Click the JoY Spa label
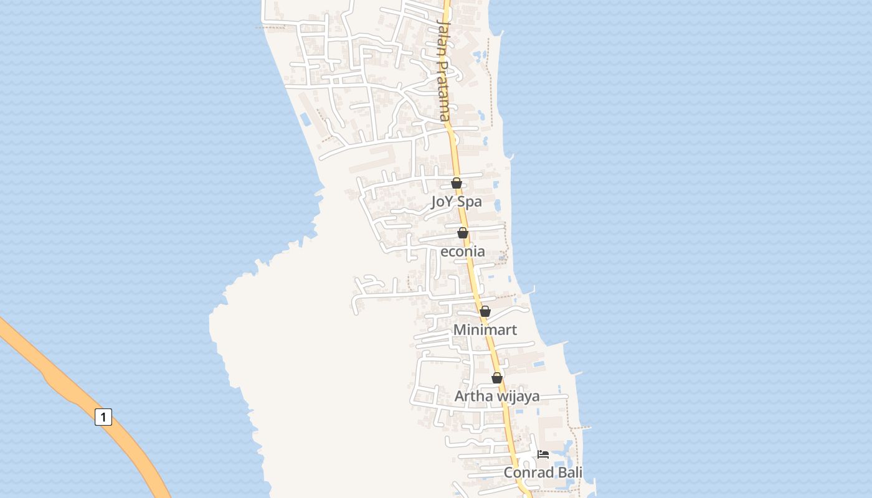tap(457, 202)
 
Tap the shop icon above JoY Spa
tap(457, 183)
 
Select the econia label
tap(463, 251)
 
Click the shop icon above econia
tap(463, 233)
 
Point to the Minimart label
tap(485, 329)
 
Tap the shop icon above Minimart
tap(485, 311)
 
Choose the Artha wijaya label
tap(497, 396)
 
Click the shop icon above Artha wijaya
tap(497, 378)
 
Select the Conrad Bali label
tap(543, 472)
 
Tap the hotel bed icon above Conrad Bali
tap(543, 454)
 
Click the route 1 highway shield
tap(103, 416)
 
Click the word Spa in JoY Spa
tap(470, 202)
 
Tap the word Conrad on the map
tap(528, 472)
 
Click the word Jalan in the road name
tap(443, 35)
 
